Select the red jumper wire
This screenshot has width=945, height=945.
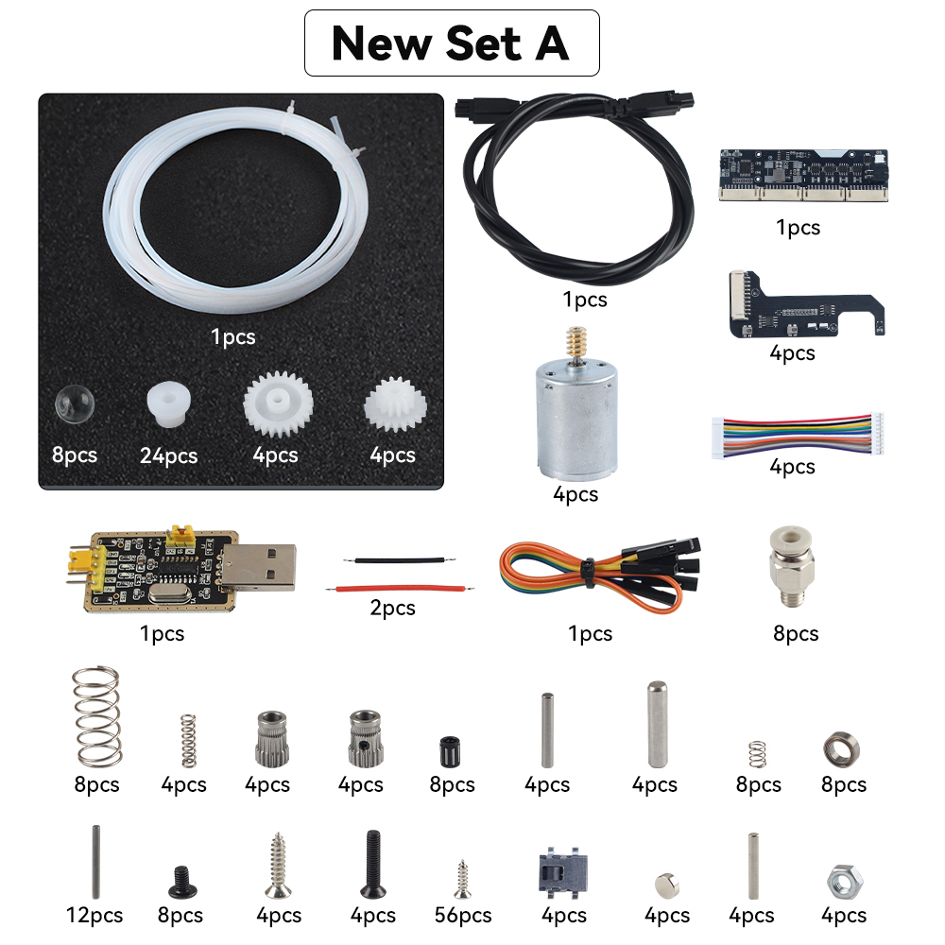click(400, 588)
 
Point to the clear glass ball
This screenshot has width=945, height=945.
click(75, 404)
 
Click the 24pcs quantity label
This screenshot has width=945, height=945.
click(169, 455)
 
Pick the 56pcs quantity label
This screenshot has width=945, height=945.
click(463, 916)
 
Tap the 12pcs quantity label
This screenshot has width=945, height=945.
click(94, 916)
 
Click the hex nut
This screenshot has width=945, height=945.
click(844, 883)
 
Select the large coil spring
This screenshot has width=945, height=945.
click(96, 716)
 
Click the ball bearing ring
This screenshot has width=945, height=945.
click(841, 749)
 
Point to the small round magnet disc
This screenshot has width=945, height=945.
click(667, 885)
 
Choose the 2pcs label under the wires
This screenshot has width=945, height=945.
click(392, 608)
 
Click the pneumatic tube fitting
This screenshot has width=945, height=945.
click(791, 566)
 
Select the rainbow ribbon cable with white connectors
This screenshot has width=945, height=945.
click(798, 435)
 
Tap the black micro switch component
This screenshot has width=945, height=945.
click(562, 871)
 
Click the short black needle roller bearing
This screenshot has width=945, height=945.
click(450, 751)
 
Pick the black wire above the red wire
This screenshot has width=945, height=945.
click(400, 560)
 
